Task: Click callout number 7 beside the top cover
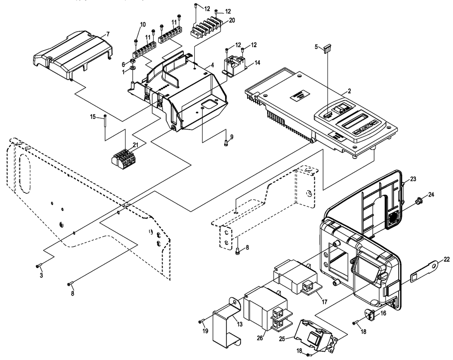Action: (x=108, y=34)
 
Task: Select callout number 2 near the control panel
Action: (x=349, y=92)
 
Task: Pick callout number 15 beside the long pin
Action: (x=92, y=117)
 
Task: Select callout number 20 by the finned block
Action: (x=232, y=20)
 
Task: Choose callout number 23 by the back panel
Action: (x=413, y=179)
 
